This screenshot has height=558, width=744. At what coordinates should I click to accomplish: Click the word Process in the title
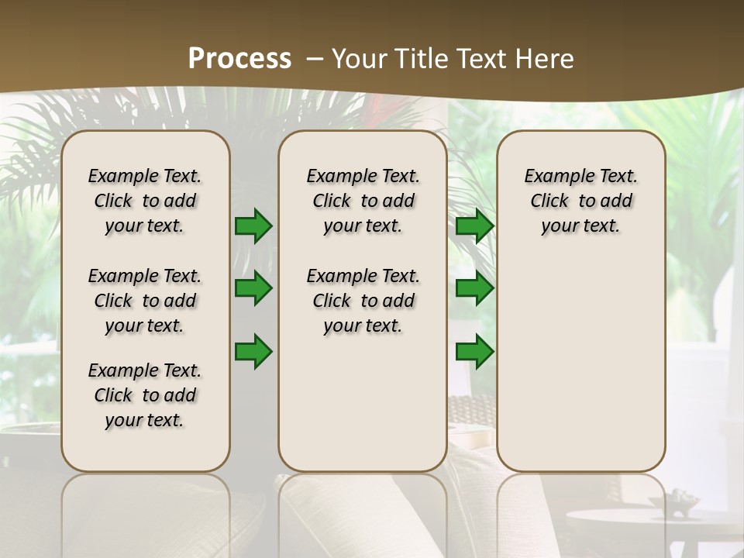[x=239, y=58]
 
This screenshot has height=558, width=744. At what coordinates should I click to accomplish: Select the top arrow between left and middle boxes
[x=253, y=226]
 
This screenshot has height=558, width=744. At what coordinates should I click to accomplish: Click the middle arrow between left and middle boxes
[x=253, y=289]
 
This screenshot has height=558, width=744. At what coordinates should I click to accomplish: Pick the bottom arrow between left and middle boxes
[x=253, y=352]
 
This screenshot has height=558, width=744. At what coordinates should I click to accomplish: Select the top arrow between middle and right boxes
[x=474, y=226]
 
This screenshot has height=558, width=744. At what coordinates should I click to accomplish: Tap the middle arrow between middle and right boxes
[x=474, y=289]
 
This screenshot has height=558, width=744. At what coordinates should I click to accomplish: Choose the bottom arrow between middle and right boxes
[x=474, y=352]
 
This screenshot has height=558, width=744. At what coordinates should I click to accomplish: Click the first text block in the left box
[x=145, y=201]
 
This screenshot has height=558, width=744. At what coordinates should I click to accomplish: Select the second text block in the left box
[x=145, y=301]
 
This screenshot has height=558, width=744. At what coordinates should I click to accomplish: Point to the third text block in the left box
[x=145, y=395]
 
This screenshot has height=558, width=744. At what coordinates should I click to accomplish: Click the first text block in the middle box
[x=363, y=201]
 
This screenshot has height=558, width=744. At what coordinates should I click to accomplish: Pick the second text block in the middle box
[x=363, y=301]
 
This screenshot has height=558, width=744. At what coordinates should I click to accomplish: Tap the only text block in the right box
[x=580, y=201]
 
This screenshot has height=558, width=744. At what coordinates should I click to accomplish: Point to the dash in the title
[x=315, y=59]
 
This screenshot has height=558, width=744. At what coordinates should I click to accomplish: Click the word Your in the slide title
[x=360, y=59]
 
